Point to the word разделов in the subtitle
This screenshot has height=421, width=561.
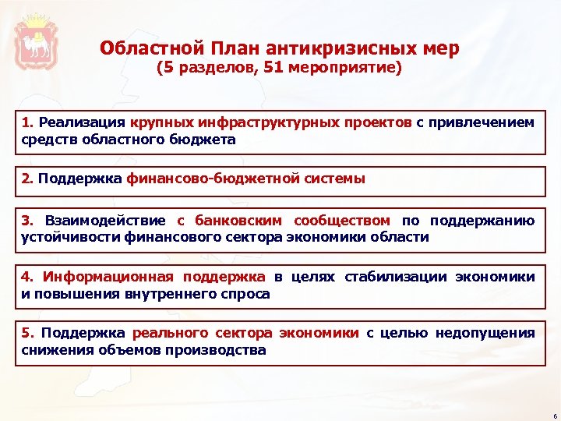point(204,69)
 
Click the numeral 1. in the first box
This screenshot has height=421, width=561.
point(28,122)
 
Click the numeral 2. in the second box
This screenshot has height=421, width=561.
point(28,179)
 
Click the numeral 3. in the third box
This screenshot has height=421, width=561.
point(28,221)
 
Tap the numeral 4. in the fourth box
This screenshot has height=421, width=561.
point(28,277)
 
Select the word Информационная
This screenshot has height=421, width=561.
point(108,277)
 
